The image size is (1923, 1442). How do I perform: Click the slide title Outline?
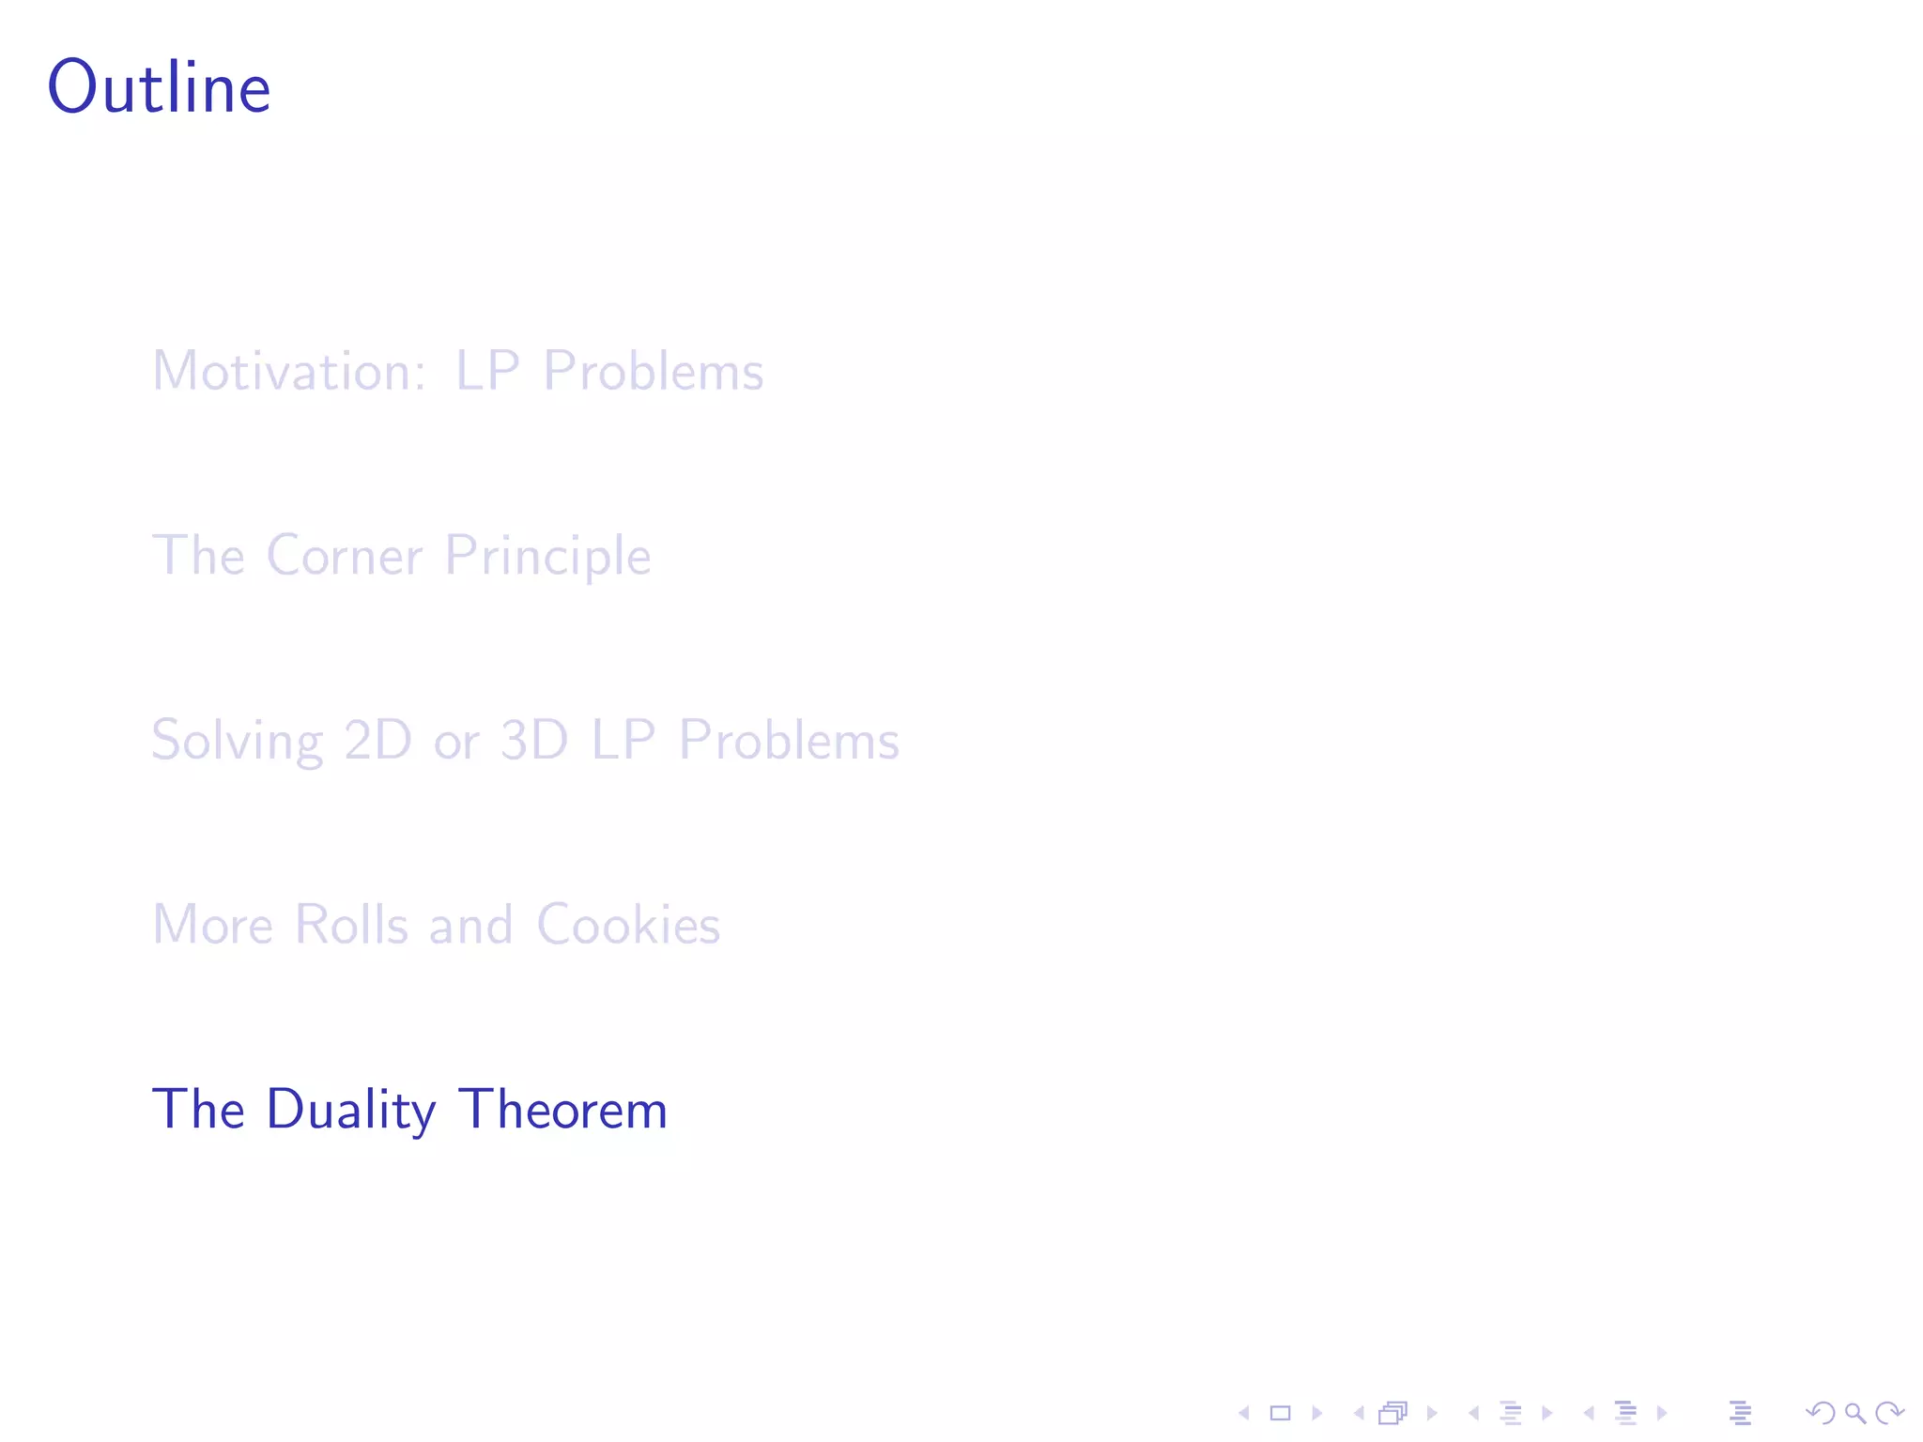click(x=159, y=87)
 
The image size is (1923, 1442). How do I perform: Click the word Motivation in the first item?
click(x=289, y=371)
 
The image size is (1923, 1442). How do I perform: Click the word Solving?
click(x=237, y=741)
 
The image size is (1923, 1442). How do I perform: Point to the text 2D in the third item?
click(x=377, y=740)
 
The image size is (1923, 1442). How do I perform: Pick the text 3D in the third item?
click(x=534, y=740)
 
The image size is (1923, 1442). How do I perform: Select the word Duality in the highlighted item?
click(x=351, y=1110)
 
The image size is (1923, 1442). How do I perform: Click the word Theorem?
click(x=562, y=1109)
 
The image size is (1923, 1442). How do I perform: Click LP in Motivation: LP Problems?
click(x=487, y=371)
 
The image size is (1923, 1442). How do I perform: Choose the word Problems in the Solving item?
click(x=789, y=740)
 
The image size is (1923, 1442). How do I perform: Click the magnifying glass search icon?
click(x=1854, y=1413)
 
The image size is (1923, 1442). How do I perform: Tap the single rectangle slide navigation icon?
click(x=1280, y=1413)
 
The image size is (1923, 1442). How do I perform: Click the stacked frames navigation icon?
click(x=1393, y=1413)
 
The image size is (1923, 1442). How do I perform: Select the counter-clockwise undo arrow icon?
click(x=1820, y=1413)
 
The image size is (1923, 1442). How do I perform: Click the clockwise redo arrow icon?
click(x=1889, y=1413)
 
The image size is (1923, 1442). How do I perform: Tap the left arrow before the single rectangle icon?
click(x=1244, y=1413)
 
